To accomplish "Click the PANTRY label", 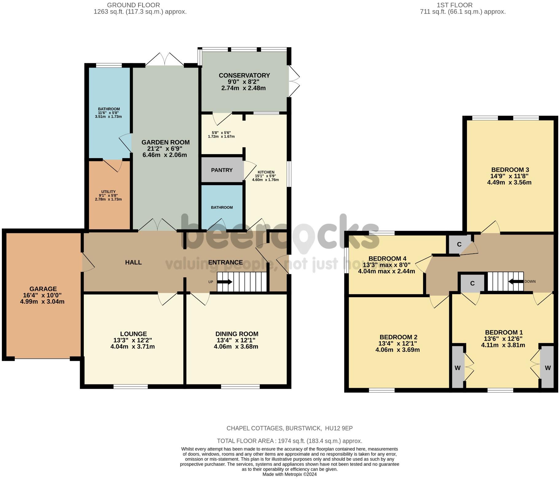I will pos(222,170).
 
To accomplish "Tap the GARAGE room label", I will pos(43,289).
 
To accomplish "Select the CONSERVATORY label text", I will pos(244,76).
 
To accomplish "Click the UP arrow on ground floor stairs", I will pos(225,282).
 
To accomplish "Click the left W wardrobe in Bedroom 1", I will pos(457,368).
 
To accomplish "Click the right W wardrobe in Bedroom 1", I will pos(547,368).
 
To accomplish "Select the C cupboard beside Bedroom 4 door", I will pos(459,244).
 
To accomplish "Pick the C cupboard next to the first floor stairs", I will pos(472,283).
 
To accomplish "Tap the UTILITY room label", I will pos(108,192).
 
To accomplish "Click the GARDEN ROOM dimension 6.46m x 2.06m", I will pos(165,155).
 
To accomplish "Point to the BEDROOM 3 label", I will pos(510,170).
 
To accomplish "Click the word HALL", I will pos(133,262).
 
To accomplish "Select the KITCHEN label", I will pos(266,172).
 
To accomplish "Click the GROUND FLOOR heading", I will pos(134,5).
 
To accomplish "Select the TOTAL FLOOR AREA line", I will pos(289,441).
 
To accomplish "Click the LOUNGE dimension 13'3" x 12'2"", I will pos(132,340).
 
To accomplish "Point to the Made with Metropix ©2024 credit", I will pos(289,474).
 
